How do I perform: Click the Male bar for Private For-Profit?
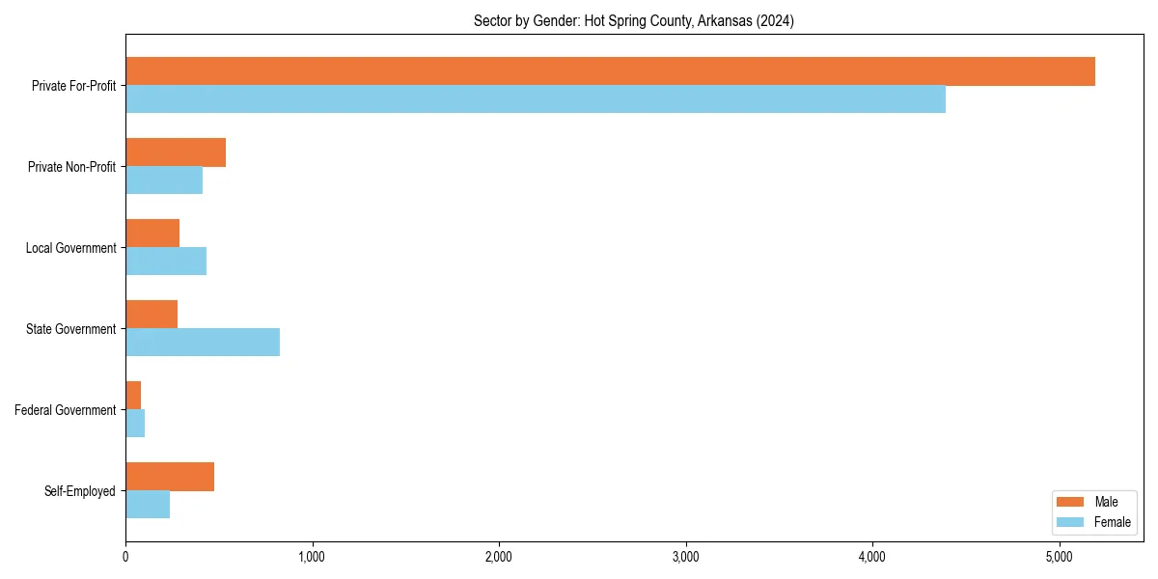point(610,71)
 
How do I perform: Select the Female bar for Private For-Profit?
point(536,99)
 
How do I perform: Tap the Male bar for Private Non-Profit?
point(176,152)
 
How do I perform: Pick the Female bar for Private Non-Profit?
point(164,180)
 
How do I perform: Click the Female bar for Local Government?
point(166,262)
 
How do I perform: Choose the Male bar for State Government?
point(152,315)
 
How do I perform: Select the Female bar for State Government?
point(203,343)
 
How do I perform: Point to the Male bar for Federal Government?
point(133,396)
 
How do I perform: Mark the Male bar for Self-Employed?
point(170,477)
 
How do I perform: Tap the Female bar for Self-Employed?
point(148,505)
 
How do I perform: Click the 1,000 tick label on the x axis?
point(312,557)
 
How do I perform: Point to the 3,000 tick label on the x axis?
point(685,557)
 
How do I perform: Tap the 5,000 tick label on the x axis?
point(1060,557)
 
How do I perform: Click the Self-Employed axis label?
point(80,491)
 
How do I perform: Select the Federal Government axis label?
point(66,410)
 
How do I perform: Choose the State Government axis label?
point(71,329)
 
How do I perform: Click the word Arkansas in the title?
point(719,21)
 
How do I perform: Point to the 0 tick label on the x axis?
point(125,557)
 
